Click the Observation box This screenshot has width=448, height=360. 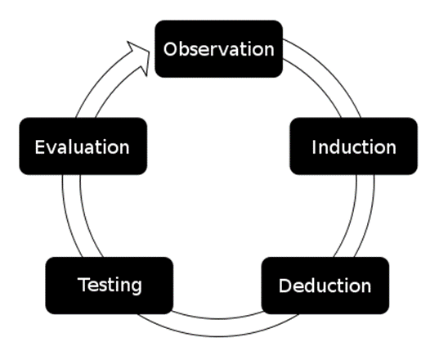218,49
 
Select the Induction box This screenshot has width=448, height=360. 353,146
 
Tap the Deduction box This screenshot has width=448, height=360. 325,286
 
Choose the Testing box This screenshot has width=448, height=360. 110,286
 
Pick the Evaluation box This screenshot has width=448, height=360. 83,146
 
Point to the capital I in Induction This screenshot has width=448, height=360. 314,147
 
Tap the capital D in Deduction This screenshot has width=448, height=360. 285,286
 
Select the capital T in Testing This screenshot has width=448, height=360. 84,284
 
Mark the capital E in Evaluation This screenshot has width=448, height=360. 40,147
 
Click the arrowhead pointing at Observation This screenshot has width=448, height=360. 141,58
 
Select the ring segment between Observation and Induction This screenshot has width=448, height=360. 325,75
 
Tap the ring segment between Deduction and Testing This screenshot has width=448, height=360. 217,327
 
